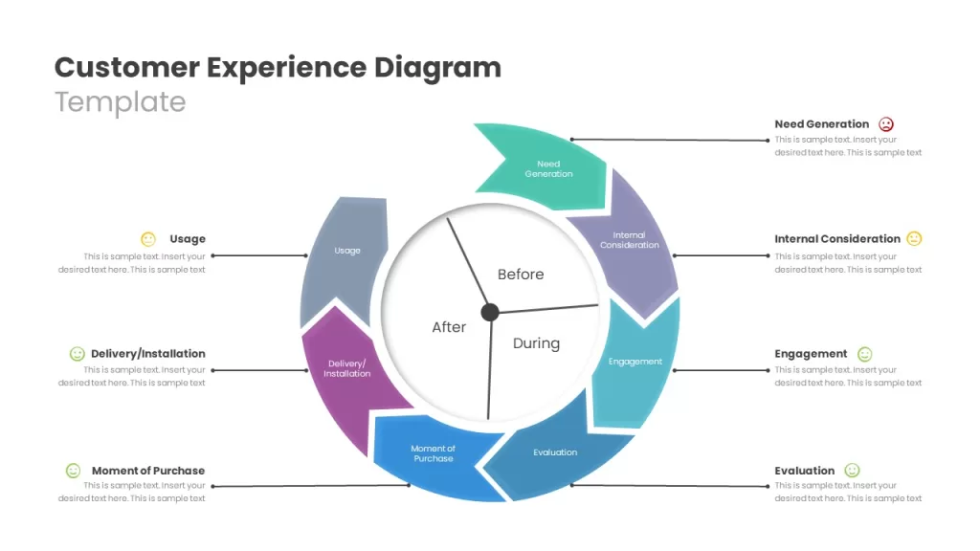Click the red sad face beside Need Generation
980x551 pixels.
click(x=885, y=124)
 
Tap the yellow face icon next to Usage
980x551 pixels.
click(x=148, y=238)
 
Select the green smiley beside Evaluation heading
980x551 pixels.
click(x=852, y=471)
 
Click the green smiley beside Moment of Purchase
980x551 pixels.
click(x=73, y=471)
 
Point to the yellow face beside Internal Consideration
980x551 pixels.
click(x=914, y=238)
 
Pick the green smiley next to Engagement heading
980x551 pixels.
click(x=864, y=354)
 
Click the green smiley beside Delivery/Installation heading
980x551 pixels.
click(x=77, y=354)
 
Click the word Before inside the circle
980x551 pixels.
click(x=521, y=275)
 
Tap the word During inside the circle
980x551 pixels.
click(x=536, y=343)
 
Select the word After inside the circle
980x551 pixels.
click(x=449, y=327)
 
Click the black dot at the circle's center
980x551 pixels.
click(x=490, y=312)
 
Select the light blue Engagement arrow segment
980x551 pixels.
click(x=635, y=363)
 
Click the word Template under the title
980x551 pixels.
click(x=120, y=102)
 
